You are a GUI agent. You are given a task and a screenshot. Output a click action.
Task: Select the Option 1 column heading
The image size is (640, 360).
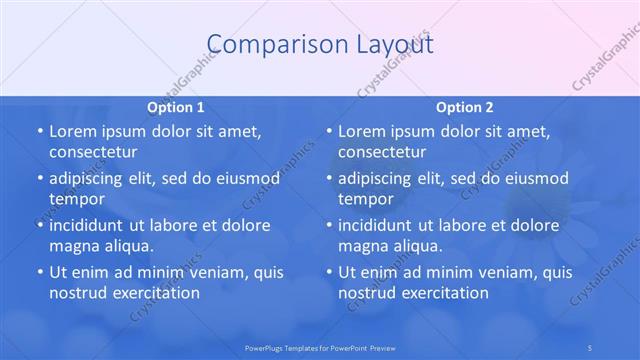coord(176,107)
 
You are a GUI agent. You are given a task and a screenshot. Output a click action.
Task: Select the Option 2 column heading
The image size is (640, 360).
coord(464,107)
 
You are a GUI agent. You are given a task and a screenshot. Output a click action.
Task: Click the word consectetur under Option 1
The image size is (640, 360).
coord(92,152)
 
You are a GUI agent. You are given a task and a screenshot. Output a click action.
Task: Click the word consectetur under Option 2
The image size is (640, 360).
coord(381,152)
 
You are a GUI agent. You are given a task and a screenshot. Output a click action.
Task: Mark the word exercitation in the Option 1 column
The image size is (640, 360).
coord(155,292)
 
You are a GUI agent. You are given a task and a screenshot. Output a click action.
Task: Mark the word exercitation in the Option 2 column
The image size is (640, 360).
coord(444,292)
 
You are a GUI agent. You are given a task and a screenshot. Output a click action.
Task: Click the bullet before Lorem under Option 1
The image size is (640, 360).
coord(39,132)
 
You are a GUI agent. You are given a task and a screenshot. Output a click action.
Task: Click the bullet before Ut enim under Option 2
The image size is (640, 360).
coord(328,272)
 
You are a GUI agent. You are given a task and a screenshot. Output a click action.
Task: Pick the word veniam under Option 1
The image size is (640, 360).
coord(207,272)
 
